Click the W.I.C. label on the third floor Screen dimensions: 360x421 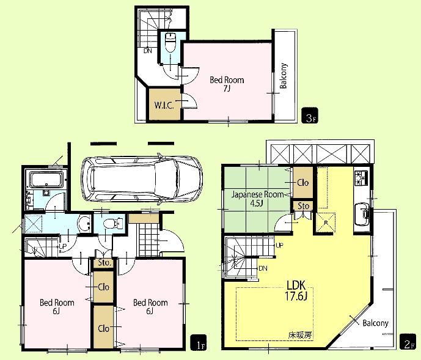click(164, 105)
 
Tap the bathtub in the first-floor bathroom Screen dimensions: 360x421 click(46, 180)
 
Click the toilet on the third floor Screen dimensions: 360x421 click(170, 43)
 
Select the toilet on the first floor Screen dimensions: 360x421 click(110, 224)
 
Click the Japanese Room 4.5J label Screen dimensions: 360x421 click(257, 199)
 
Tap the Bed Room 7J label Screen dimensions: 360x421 click(227, 84)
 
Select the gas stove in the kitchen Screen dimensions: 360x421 click(359, 177)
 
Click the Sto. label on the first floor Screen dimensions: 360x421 click(104, 263)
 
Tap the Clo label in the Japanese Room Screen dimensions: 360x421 click(302, 182)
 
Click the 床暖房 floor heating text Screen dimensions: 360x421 click(301, 335)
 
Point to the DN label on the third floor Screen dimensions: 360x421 click(148, 51)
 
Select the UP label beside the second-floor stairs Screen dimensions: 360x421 click(280, 245)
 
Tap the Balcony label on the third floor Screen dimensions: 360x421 click(284, 76)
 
